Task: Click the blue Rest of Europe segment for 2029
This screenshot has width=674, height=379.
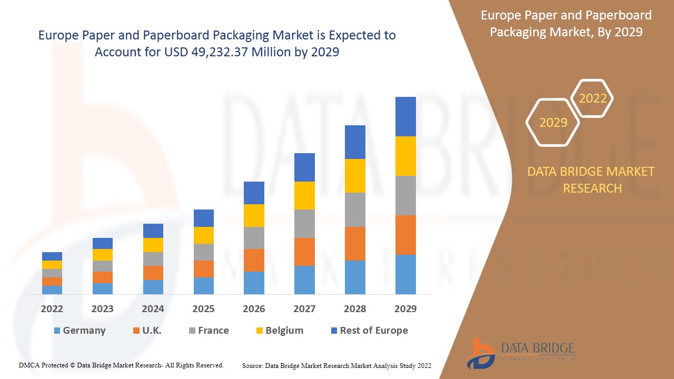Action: coord(405,116)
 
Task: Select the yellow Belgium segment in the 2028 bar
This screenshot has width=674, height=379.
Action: coord(355,176)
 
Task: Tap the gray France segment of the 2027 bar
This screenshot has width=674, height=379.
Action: coord(304,224)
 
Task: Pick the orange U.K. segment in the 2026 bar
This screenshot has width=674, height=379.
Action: coord(254,260)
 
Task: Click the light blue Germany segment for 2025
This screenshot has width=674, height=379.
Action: coord(204,285)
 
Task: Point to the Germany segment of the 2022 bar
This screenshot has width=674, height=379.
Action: coord(52,290)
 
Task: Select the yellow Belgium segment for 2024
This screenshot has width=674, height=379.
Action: coord(153,245)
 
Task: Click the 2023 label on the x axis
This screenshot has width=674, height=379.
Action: coord(102,309)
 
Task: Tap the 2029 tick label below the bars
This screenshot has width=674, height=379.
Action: coord(405,309)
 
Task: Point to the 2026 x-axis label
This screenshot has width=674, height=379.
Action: coord(254,309)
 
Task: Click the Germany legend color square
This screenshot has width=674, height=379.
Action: coord(57,331)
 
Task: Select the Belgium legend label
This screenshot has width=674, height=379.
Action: coord(284,331)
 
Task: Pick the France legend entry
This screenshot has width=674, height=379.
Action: coord(213,331)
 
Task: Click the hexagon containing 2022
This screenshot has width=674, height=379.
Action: coord(592,98)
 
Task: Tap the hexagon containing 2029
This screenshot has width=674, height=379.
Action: coord(553,123)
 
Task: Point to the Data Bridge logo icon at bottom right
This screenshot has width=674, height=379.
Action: coord(480,353)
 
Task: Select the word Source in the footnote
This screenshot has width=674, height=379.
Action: coord(252,365)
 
